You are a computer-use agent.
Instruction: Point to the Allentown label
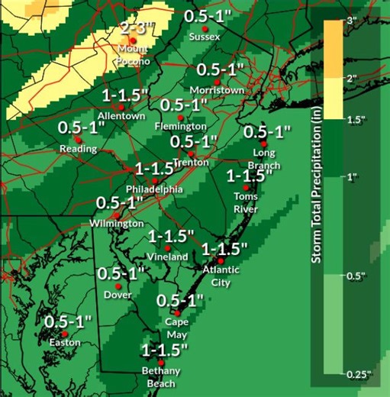pyautogui.click(x=122, y=116)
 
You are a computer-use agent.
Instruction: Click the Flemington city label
pyautogui.click(x=181, y=125)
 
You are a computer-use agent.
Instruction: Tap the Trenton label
pyautogui.click(x=191, y=163)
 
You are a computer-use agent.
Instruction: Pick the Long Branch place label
pyautogui.click(x=263, y=159)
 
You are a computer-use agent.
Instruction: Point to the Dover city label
pyautogui.click(x=118, y=295)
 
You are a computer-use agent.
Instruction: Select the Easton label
pyautogui.click(x=65, y=343)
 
